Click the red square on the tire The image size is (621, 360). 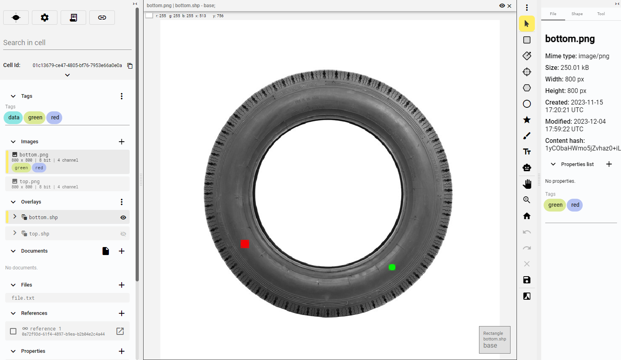point(244,244)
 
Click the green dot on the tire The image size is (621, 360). point(392,267)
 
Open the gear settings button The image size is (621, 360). point(45,18)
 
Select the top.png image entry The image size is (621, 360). point(67,184)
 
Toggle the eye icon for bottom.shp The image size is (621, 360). point(123,218)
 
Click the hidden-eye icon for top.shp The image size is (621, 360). point(123,234)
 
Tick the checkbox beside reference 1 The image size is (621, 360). point(13,331)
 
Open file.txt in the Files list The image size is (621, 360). point(23,298)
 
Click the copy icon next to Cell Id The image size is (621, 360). point(130,66)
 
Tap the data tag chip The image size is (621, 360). point(14,117)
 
